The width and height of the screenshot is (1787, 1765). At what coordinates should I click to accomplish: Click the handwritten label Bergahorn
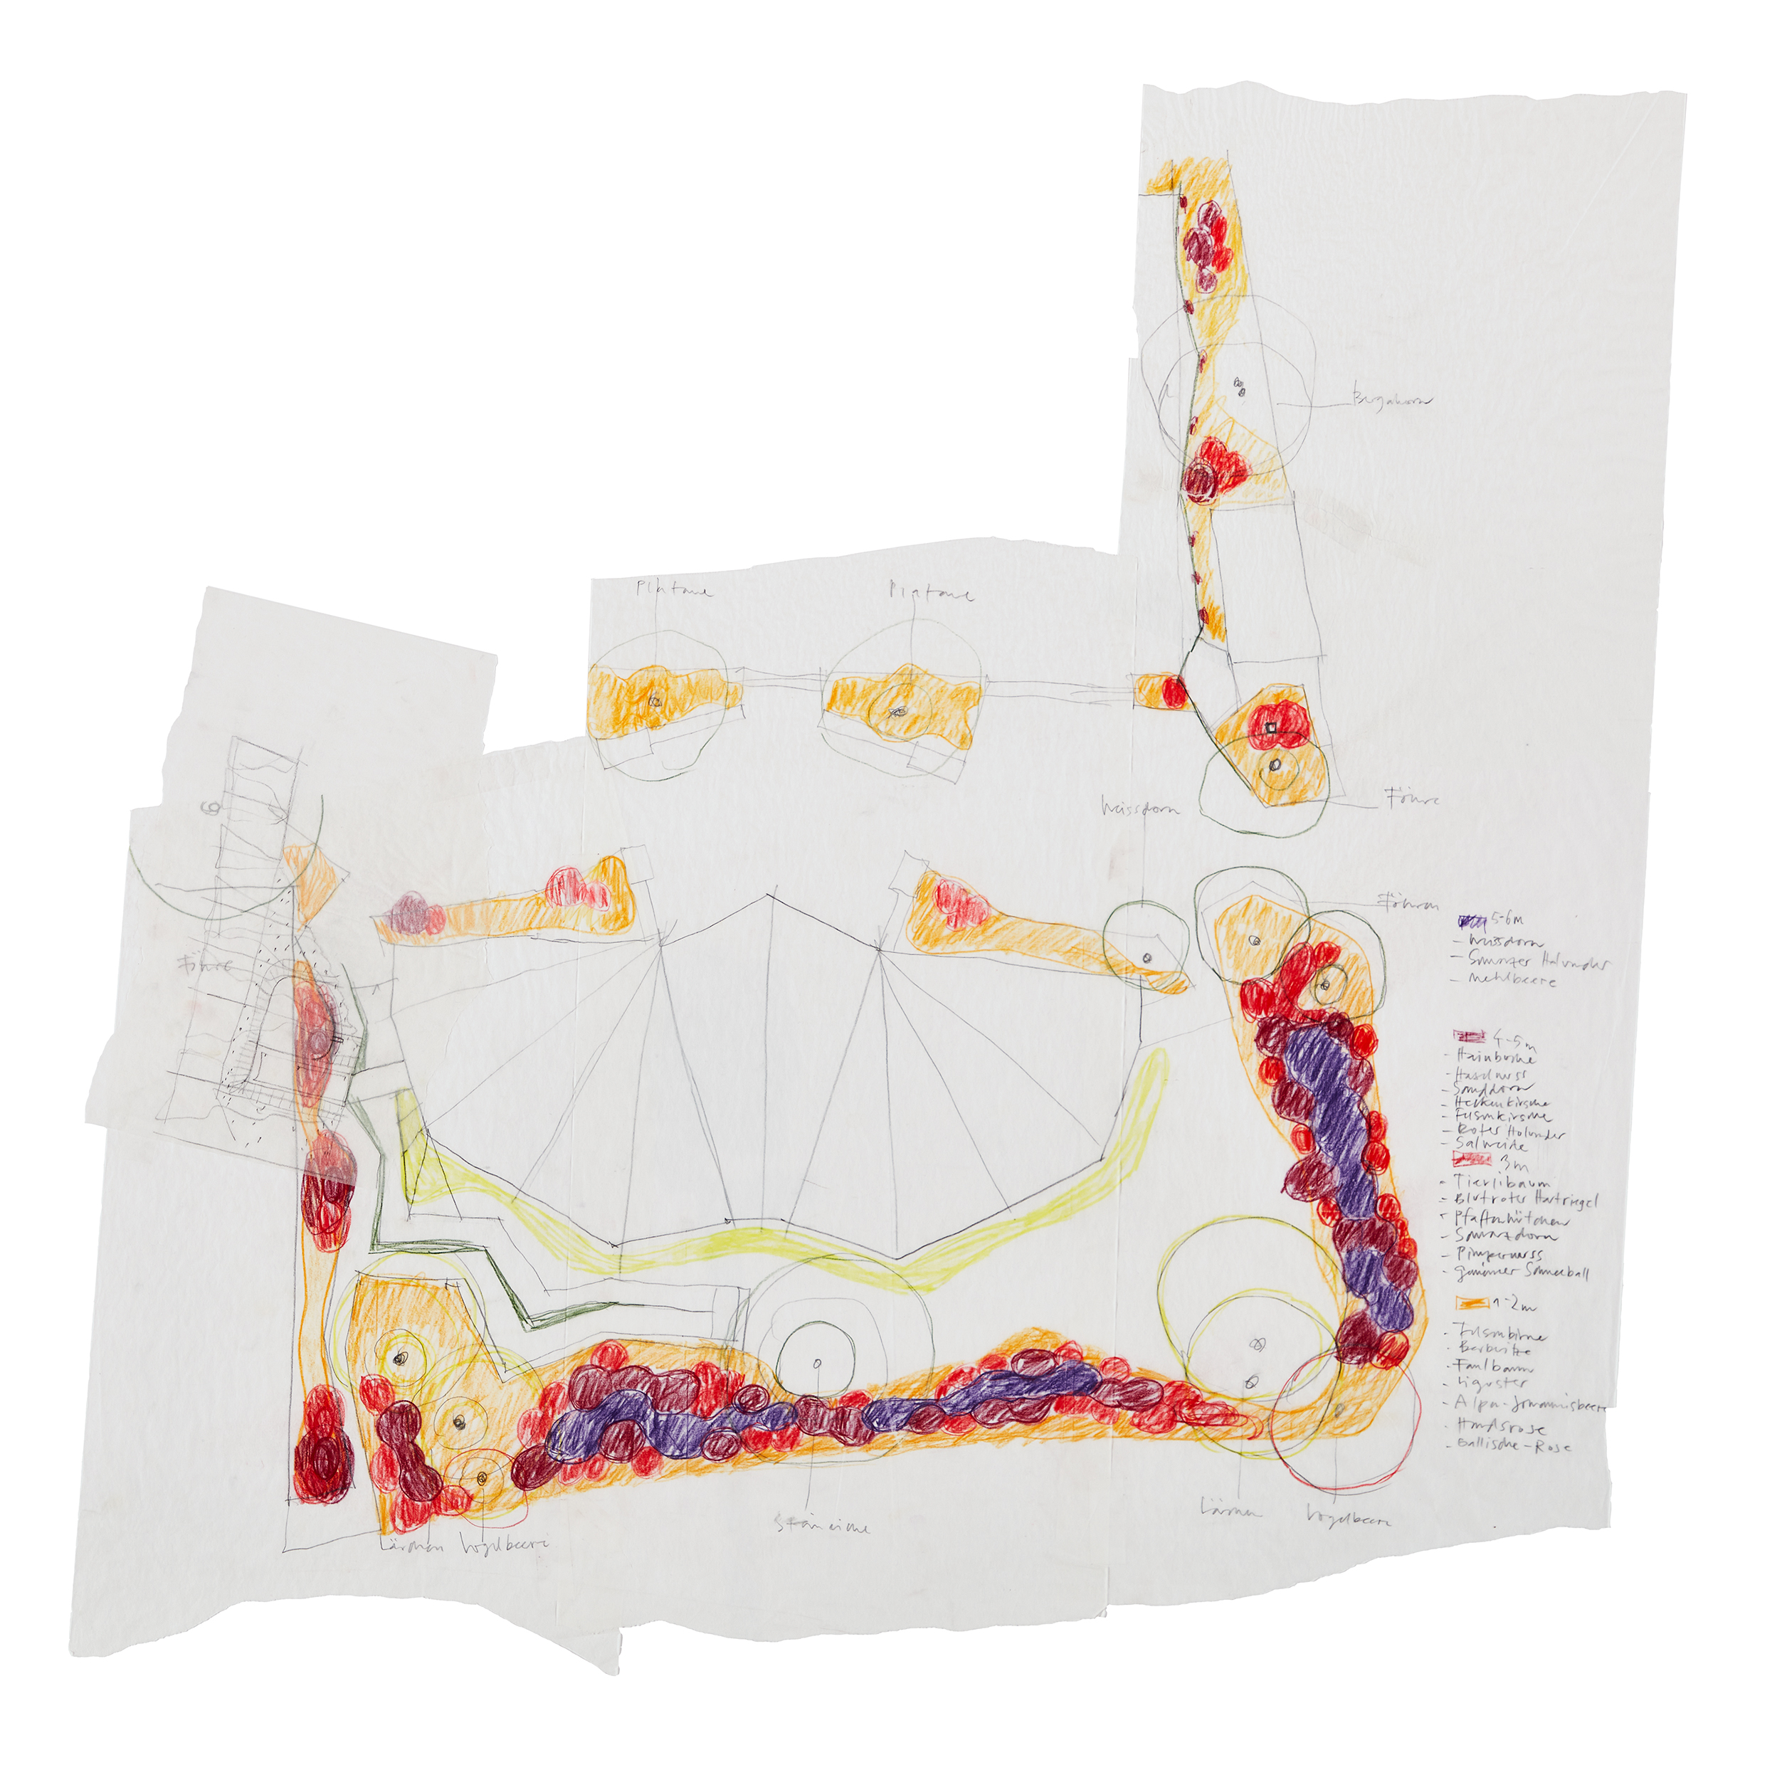pos(1390,401)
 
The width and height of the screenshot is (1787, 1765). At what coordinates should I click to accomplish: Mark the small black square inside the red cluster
pos(1271,728)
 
